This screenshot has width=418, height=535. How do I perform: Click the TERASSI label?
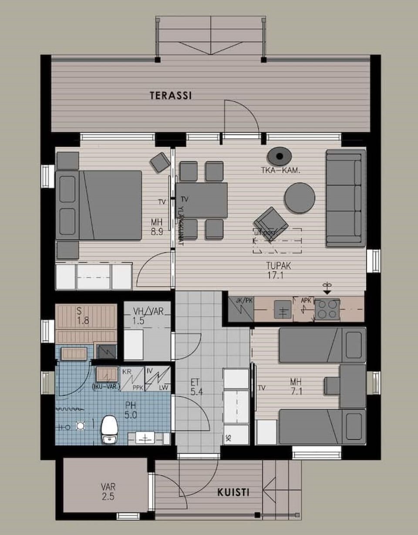click(x=171, y=95)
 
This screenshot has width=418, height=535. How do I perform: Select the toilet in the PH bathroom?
click(x=109, y=429)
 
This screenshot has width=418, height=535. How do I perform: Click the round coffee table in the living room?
click(x=300, y=198)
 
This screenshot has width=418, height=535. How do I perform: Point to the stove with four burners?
click(x=327, y=309)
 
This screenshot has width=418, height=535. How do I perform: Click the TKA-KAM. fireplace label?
click(x=283, y=171)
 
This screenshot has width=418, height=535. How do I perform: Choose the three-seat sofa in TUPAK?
click(x=346, y=198)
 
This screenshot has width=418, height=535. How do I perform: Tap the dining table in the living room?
click(x=202, y=200)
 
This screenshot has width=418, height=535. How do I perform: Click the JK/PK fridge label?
click(x=241, y=300)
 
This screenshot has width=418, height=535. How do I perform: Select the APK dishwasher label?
click(x=306, y=300)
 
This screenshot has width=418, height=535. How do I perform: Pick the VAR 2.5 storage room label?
click(x=108, y=491)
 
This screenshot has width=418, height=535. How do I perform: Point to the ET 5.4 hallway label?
click(x=197, y=387)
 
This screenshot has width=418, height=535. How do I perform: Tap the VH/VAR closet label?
click(x=146, y=316)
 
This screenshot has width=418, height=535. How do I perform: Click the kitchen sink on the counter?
click(x=283, y=310)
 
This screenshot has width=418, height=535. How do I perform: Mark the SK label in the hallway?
click(x=228, y=438)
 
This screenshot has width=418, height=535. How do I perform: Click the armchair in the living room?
click(x=271, y=223)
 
